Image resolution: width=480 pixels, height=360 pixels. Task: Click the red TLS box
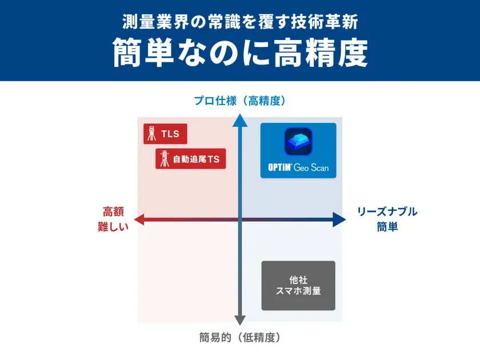pyautogui.click(x=165, y=134)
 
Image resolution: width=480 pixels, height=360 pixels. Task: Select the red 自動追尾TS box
pyautogui.click(x=191, y=159)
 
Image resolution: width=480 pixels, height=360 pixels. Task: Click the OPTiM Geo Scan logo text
pyautogui.click(x=298, y=168)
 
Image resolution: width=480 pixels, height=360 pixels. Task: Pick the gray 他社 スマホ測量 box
pyautogui.click(x=298, y=285)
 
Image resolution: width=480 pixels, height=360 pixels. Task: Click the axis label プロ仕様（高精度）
pyautogui.click(x=239, y=101)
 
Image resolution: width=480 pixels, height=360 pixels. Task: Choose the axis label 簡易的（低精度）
pyautogui.click(x=239, y=337)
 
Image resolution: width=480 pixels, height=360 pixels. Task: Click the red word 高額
pyautogui.click(x=113, y=211)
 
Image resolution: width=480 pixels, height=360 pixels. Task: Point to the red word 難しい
pyautogui.click(x=113, y=226)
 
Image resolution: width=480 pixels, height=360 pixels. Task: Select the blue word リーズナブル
pyautogui.click(x=387, y=211)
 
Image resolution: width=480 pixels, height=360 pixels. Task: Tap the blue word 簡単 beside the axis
pyautogui.click(x=387, y=226)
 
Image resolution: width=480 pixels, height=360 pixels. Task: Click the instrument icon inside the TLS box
pyautogui.click(x=152, y=134)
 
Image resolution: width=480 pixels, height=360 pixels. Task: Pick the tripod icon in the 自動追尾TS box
pyautogui.click(x=165, y=159)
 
